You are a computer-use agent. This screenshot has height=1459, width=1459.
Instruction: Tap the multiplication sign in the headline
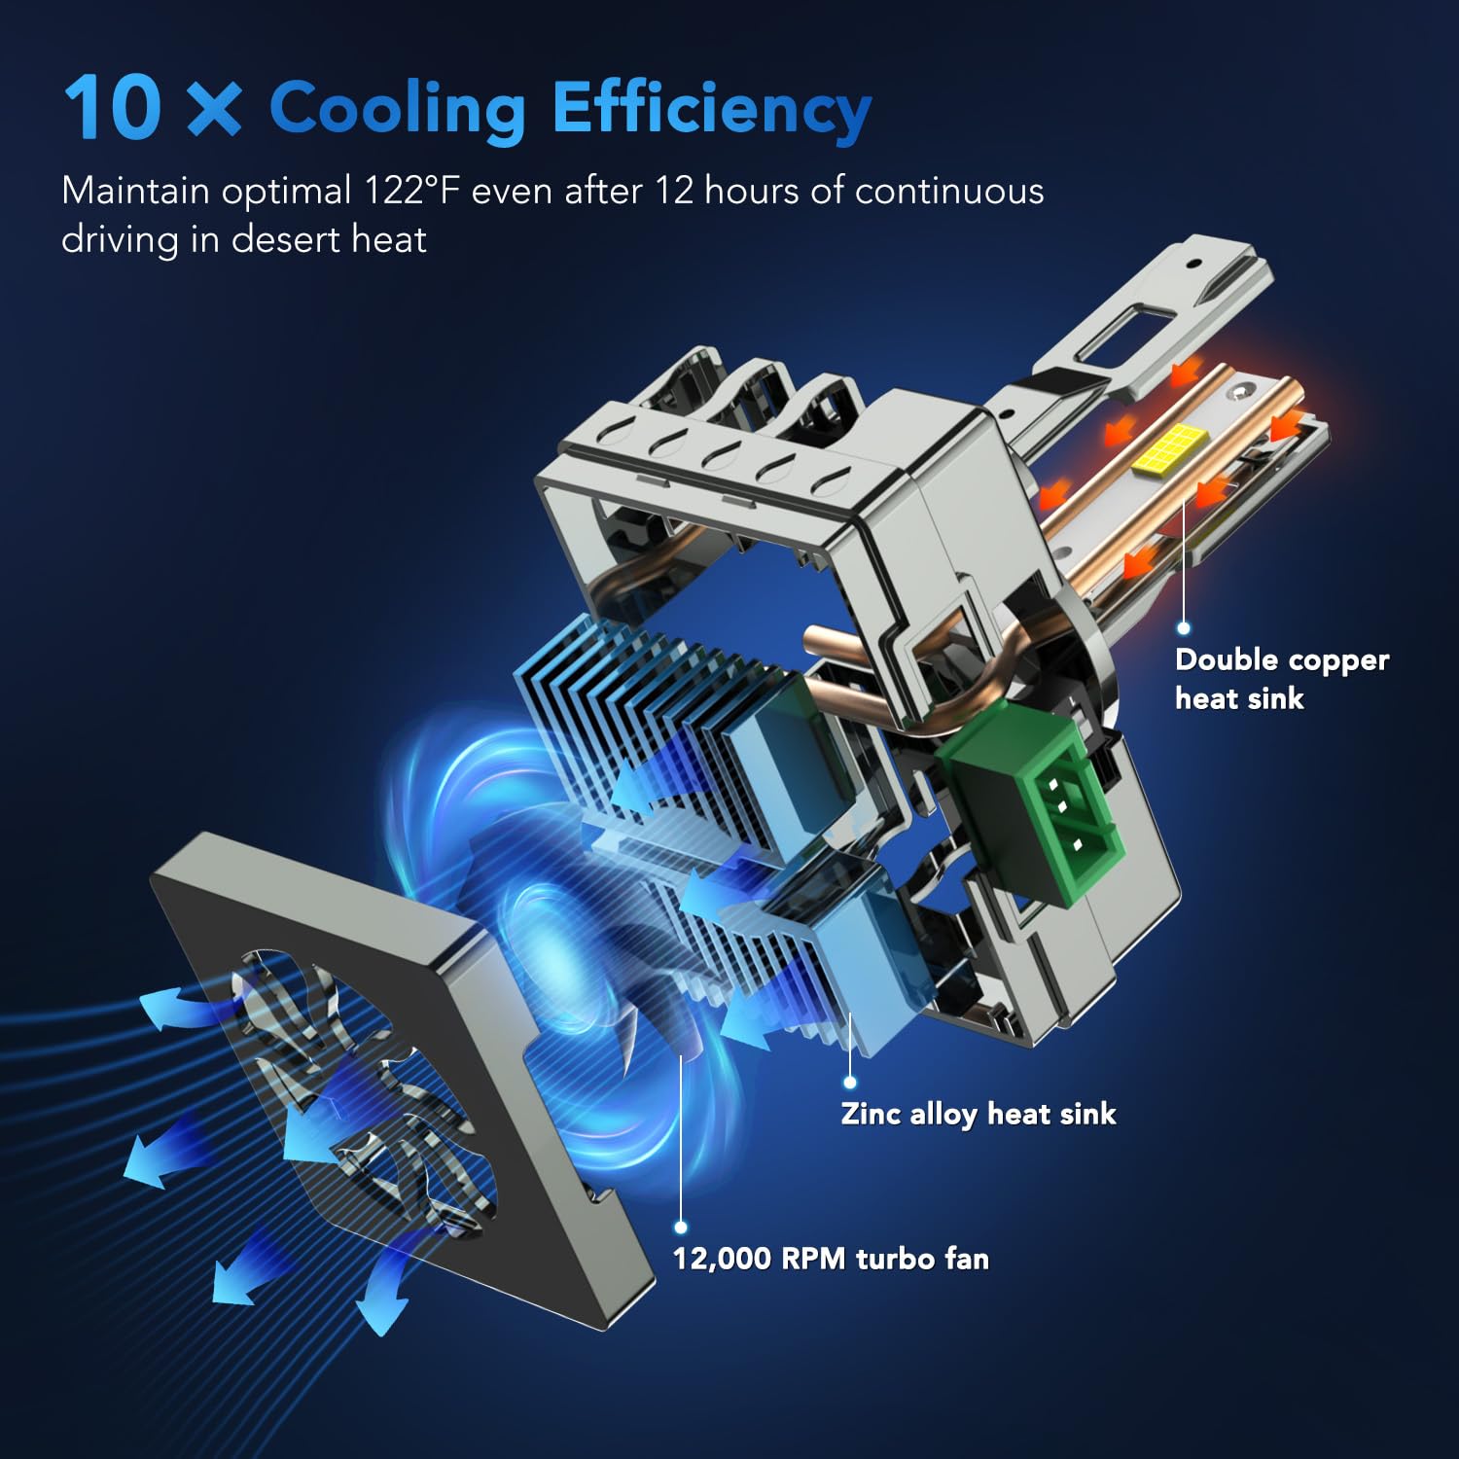pyautogui.click(x=213, y=108)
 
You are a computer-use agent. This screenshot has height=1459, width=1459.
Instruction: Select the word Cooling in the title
pyautogui.click(x=397, y=109)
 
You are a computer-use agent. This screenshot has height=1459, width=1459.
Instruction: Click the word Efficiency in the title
pyautogui.click(x=711, y=109)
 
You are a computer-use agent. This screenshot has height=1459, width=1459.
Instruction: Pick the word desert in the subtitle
pyautogui.click(x=282, y=239)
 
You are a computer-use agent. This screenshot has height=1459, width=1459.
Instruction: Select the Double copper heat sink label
pyautogui.click(x=1281, y=678)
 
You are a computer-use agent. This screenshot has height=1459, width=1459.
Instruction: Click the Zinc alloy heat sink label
pyautogui.click(x=978, y=1114)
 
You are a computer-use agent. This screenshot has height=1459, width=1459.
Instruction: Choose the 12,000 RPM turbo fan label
pyautogui.click(x=831, y=1259)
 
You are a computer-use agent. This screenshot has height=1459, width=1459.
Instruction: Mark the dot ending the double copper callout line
pyautogui.click(x=1184, y=628)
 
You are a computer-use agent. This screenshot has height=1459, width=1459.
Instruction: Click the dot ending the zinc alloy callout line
pyautogui.click(x=850, y=1082)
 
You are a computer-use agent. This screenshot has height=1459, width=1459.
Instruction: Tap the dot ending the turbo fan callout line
pyautogui.click(x=681, y=1228)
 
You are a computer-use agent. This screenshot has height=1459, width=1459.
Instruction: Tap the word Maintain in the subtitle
pyautogui.click(x=135, y=191)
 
